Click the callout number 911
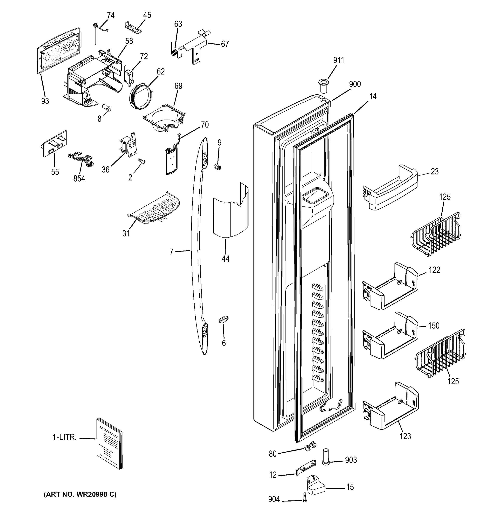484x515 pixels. click(x=339, y=60)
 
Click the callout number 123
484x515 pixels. click(x=405, y=436)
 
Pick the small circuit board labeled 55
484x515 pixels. click(x=55, y=144)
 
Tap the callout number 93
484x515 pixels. click(x=45, y=101)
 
